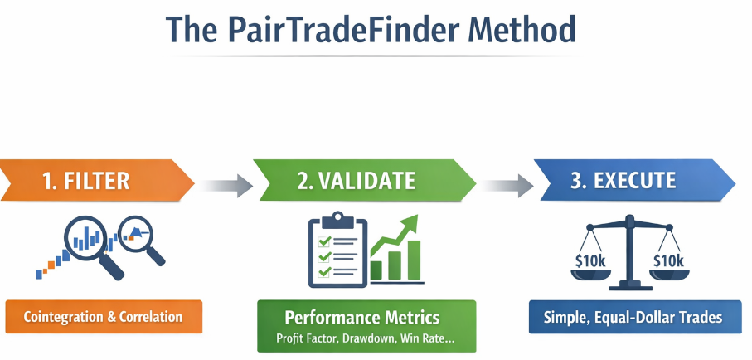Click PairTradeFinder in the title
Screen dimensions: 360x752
[332, 29]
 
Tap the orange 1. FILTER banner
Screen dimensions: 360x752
[91, 180]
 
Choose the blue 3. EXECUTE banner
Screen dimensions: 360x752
[630, 180]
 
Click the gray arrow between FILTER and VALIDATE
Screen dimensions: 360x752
[225, 184]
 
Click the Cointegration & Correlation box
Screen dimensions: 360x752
[103, 317]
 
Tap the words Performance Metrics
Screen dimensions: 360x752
[362, 317]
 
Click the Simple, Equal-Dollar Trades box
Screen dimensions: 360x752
[633, 316]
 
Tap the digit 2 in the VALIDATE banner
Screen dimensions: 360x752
[301, 180]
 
